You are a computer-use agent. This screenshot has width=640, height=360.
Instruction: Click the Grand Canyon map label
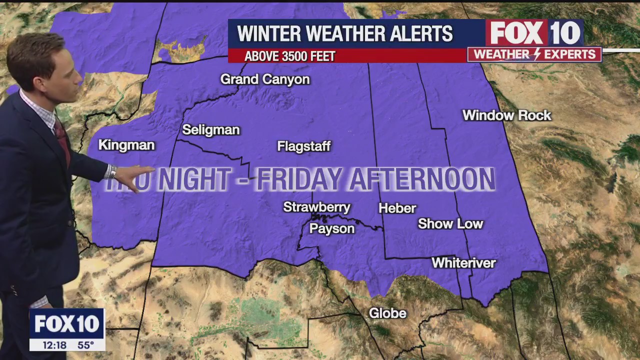pos(265,79)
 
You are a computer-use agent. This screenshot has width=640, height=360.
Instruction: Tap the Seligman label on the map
pos(211,130)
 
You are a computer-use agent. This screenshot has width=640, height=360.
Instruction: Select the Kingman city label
pos(126,145)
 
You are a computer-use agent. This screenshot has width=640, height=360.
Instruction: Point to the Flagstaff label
pos(304,146)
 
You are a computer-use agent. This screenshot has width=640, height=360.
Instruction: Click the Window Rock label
pos(506,115)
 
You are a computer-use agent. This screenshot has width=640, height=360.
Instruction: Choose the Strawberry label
pos(316,207)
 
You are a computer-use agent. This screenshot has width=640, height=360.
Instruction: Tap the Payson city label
pos(332,228)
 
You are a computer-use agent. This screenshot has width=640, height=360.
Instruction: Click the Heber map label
pos(397,208)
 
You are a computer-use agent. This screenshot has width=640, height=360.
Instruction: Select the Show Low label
pos(450,224)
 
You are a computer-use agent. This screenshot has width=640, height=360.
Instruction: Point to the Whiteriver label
pos(463,262)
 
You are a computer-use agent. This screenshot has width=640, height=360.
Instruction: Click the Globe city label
pos(387,313)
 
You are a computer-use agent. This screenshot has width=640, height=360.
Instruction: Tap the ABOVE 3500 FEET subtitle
pos(289,56)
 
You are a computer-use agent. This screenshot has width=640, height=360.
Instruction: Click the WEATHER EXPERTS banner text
pos(534,54)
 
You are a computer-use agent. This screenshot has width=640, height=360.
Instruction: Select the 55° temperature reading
pos(85,345)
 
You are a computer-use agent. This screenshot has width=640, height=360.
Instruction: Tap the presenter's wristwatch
pos(113,172)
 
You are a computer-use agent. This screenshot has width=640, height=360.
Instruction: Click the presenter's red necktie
pos(62,140)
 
